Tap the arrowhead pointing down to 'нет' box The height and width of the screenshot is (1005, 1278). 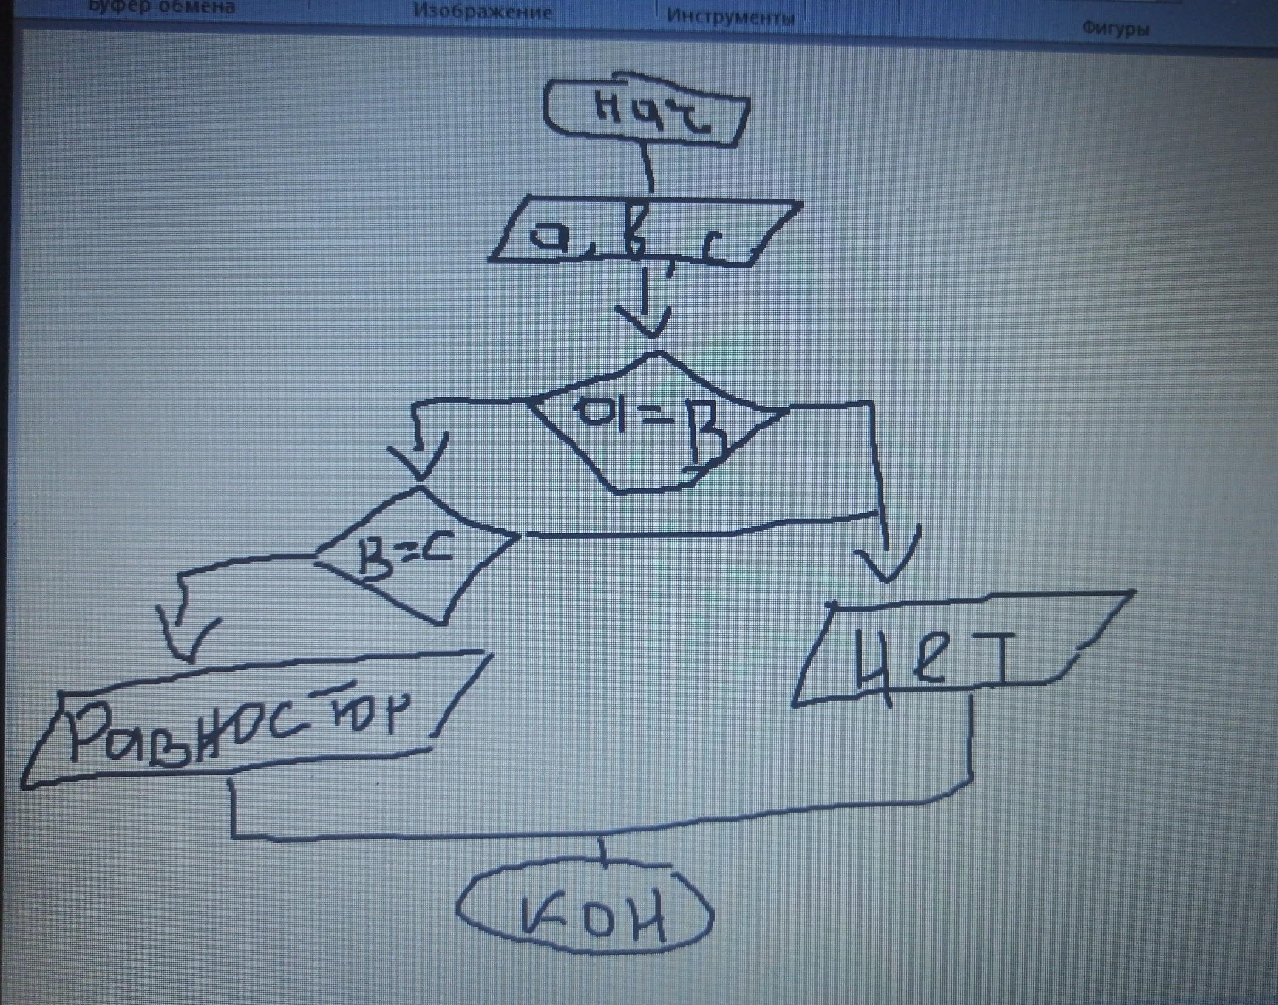tap(888, 568)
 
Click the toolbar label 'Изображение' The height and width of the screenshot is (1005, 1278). tap(483, 12)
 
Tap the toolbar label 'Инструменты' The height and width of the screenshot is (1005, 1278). tap(730, 16)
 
